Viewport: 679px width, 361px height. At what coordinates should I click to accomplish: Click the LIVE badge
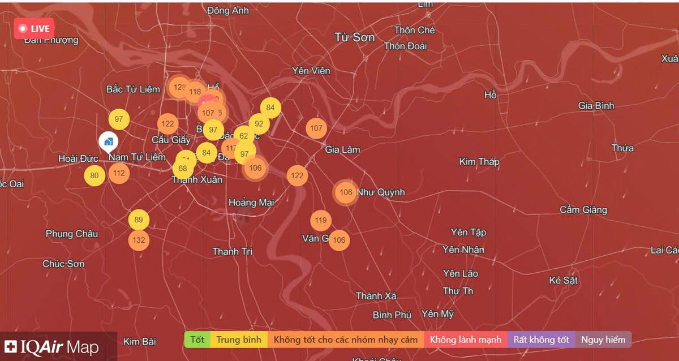tap(34, 29)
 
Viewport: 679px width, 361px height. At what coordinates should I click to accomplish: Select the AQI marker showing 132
tap(139, 240)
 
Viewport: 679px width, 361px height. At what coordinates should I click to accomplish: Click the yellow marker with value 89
tap(139, 220)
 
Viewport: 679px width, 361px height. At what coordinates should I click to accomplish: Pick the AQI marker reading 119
tap(321, 221)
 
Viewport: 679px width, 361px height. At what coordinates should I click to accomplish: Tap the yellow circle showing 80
tap(94, 175)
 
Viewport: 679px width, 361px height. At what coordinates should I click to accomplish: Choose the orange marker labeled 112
tap(119, 173)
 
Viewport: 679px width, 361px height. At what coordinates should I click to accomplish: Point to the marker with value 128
tap(179, 87)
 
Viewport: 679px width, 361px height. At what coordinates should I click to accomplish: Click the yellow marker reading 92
tap(259, 124)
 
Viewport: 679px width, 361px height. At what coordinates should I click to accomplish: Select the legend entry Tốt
tap(197, 339)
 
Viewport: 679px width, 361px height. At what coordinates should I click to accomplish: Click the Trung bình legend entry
tap(239, 339)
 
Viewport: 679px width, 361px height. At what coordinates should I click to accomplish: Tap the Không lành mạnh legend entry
tap(465, 339)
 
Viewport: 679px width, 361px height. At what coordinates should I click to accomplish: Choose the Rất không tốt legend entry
tap(541, 339)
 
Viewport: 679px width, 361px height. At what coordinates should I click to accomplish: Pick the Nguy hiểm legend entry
tap(603, 339)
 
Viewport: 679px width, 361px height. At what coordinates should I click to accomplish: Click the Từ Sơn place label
tap(355, 37)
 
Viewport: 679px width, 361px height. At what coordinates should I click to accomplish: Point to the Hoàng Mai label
tap(251, 203)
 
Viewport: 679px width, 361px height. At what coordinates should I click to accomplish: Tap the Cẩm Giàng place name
tap(583, 210)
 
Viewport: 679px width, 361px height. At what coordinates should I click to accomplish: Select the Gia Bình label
tap(596, 106)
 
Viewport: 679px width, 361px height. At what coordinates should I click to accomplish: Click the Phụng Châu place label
tap(72, 234)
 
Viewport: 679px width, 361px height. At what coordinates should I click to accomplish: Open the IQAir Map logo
tap(52, 347)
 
